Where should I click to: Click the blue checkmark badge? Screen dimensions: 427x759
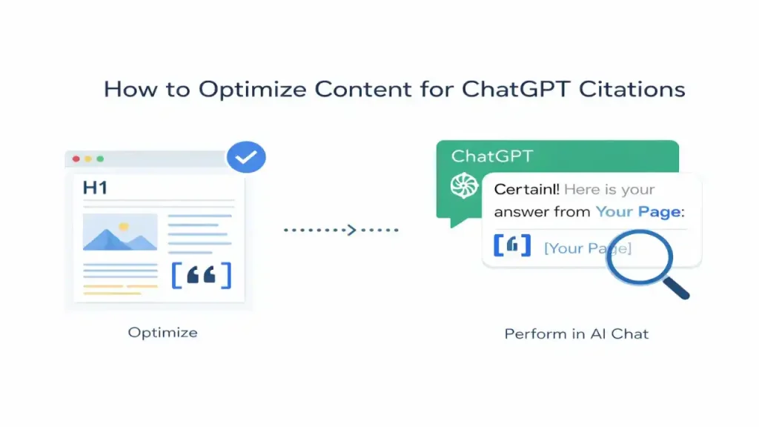245,156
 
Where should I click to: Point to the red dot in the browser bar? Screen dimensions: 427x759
74,159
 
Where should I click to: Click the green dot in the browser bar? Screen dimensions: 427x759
100,159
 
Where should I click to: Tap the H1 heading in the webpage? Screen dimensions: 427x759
95,188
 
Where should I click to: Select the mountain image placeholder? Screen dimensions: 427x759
120,232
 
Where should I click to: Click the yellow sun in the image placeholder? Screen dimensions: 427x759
123,225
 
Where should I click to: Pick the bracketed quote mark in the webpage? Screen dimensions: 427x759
201,275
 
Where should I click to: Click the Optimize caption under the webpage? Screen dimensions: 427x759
162,332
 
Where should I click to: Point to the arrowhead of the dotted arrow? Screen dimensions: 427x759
352,230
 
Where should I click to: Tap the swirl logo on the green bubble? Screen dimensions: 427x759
465,185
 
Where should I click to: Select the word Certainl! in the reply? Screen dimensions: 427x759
526,190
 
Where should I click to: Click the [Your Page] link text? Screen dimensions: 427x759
587,248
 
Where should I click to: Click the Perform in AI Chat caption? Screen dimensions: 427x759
576,334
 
